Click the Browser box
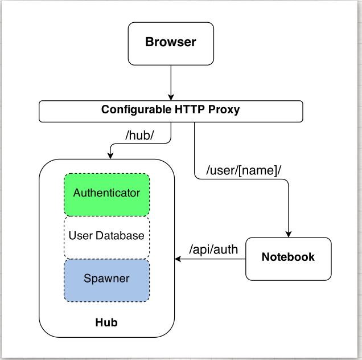171,43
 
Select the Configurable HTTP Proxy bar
171,112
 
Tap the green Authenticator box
106,194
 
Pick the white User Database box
106,236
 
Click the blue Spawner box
106,280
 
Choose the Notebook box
288,258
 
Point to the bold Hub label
106,323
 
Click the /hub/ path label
139,136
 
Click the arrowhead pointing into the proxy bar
171,97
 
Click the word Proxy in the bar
225,109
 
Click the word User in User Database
81,235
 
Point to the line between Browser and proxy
171,80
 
